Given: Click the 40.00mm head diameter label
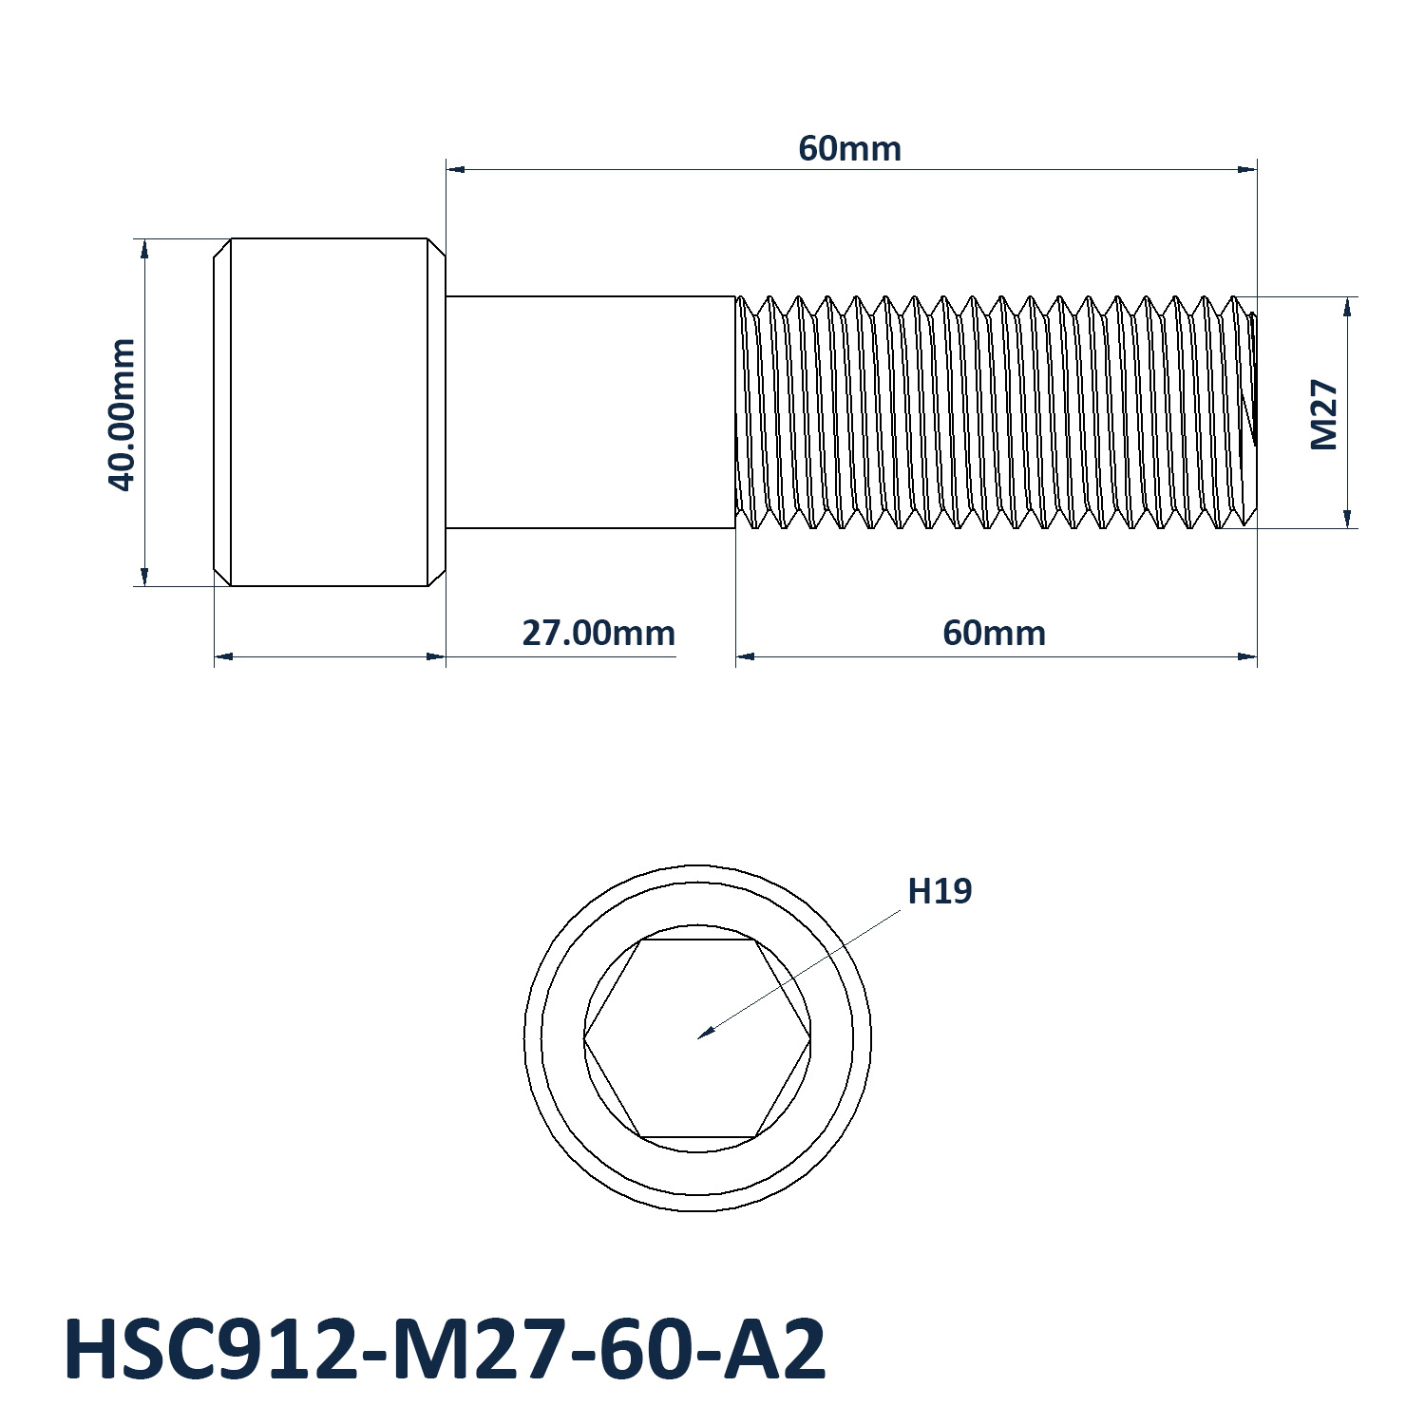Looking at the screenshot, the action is [123, 414].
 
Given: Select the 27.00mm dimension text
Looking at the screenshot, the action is [598, 633].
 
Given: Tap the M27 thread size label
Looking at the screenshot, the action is [1323, 415].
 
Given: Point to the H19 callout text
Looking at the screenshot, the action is [940, 891].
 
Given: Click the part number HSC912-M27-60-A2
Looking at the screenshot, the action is [445, 1350].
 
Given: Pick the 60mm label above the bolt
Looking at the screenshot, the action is [849, 149].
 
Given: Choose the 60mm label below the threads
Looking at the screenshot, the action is [994, 633].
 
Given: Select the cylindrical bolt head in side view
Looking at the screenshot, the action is [329, 412].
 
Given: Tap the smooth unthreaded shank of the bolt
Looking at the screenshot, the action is [591, 412].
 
